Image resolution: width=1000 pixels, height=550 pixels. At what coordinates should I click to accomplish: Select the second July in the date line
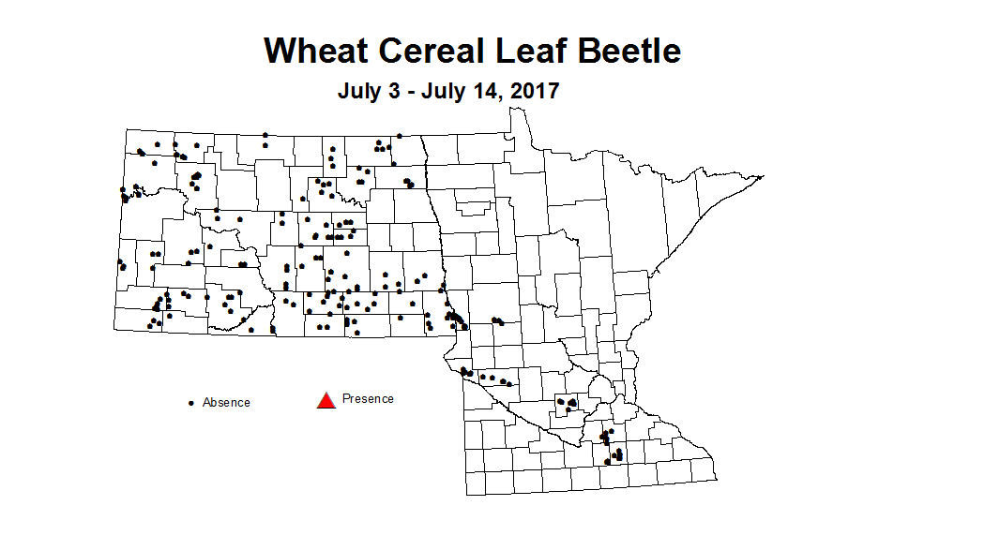443,92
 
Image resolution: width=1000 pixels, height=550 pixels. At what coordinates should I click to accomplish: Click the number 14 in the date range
484,92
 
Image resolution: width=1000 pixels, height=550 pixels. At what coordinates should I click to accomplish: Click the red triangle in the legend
326,401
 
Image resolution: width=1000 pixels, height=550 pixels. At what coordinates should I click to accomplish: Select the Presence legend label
368,398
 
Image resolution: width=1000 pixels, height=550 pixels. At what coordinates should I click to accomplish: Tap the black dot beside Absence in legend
191,403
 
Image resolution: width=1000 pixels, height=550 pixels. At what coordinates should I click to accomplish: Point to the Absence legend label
226,403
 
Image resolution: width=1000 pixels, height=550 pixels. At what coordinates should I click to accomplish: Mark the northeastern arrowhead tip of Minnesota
765,176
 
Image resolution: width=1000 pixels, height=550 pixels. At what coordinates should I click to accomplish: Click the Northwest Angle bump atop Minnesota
516,111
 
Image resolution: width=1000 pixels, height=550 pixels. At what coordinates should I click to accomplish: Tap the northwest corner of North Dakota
128,131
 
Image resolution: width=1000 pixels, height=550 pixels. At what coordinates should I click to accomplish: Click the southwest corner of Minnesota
466,494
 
